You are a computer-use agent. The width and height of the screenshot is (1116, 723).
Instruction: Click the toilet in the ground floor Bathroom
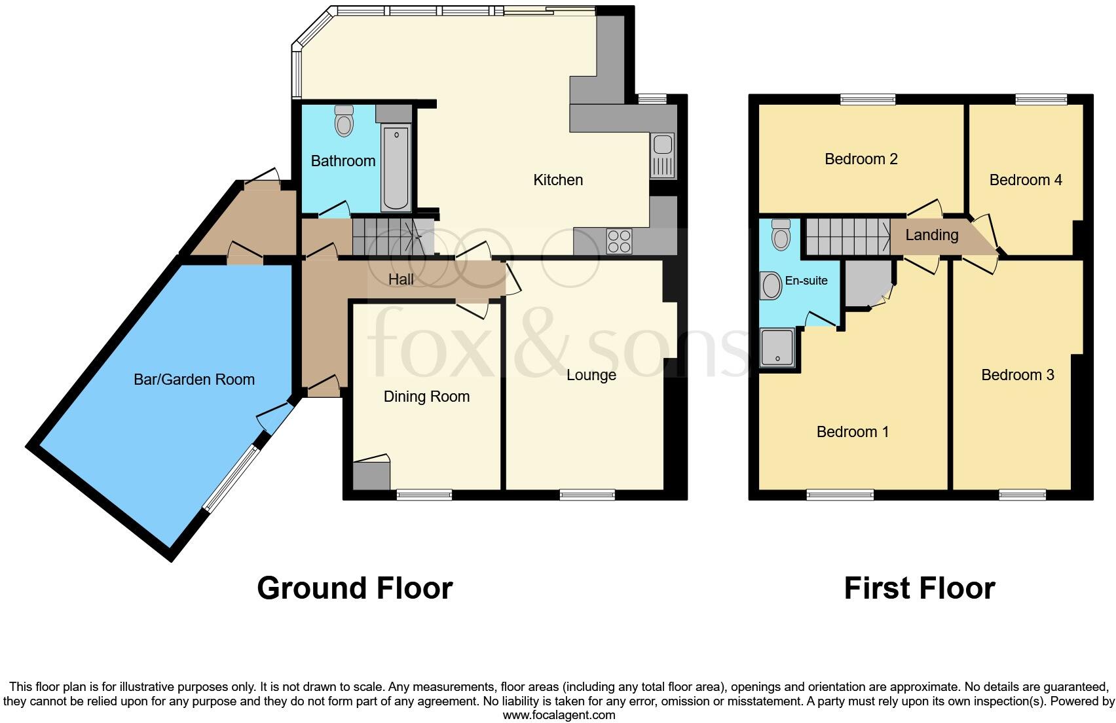tap(344, 121)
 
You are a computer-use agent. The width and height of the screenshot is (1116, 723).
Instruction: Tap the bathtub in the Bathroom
tap(396, 168)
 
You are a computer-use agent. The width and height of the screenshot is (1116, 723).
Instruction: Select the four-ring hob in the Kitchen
tap(620, 241)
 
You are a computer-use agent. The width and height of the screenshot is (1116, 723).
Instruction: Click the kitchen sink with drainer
tap(662, 156)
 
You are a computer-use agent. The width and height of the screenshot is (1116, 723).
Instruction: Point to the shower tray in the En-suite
tap(777, 347)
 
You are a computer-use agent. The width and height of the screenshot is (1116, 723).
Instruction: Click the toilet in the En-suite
tap(781, 235)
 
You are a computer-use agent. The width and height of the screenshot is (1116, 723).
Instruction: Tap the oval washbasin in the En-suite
tap(772, 286)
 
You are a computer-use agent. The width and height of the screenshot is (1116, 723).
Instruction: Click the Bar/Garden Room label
tap(194, 379)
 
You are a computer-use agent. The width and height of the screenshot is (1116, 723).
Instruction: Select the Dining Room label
tap(426, 397)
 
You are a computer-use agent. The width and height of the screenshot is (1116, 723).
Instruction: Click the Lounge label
tap(591, 375)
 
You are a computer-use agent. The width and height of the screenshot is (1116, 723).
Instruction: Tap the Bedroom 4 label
tap(1025, 180)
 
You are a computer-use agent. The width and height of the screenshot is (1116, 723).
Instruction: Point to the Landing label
tap(931, 235)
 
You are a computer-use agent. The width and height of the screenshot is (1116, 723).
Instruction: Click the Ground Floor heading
tap(354, 588)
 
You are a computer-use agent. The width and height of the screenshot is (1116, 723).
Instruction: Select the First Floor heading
tap(919, 588)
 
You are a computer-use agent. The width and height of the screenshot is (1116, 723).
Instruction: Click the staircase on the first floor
tap(847, 236)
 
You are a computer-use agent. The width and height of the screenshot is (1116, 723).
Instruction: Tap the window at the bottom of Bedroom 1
tap(840, 495)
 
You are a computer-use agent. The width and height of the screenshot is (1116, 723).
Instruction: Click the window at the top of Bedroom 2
tap(867, 99)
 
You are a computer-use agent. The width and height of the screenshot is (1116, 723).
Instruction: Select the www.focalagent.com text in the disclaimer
tap(559, 715)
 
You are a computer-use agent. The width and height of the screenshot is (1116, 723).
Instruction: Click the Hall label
tap(401, 279)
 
